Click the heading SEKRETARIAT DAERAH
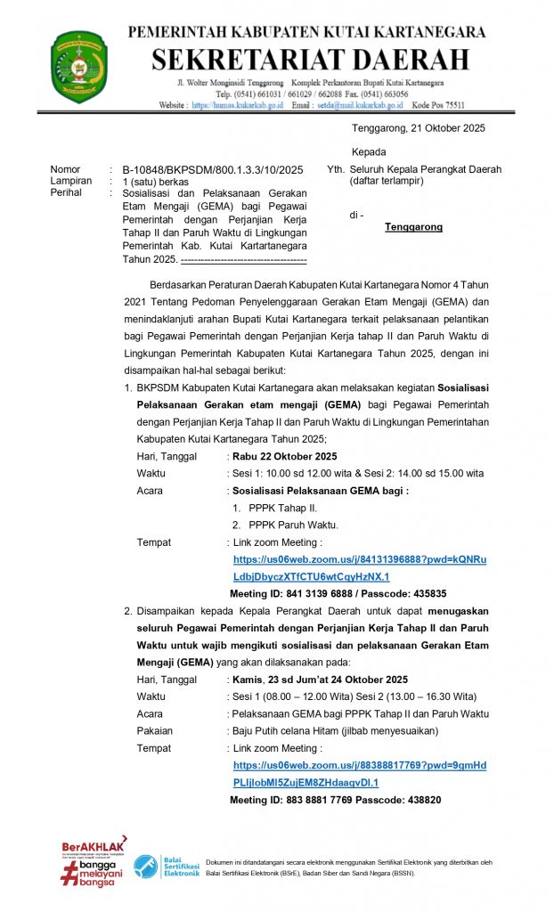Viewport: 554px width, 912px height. pos(309,60)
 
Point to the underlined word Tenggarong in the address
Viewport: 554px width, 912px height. pos(413,227)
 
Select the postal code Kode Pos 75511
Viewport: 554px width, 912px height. pos(436,105)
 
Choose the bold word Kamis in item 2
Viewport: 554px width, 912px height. pos(248,680)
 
